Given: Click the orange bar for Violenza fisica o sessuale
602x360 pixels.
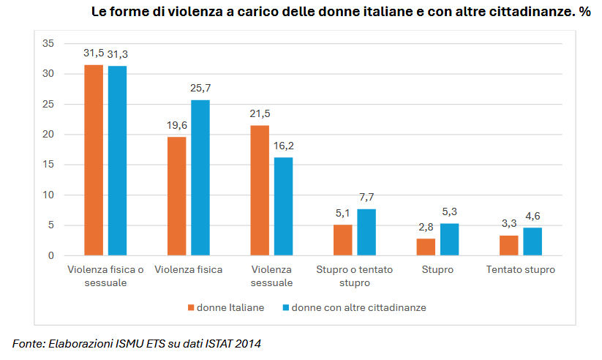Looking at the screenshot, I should [x=94, y=160].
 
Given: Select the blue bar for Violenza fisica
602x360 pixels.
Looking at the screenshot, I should [x=200, y=178].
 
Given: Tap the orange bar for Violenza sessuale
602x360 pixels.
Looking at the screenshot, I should [x=260, y=190].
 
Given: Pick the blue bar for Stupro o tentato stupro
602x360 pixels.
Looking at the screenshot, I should [x=366, y=233].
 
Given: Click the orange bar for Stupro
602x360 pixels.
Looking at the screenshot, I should [x=426, y=247].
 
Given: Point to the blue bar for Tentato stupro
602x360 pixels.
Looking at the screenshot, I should [x=533, y=241].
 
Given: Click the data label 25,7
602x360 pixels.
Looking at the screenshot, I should [x=200, y=88].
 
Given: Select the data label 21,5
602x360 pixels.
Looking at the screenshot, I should [x=260, y=113].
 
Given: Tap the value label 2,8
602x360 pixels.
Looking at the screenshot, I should [x=426, y=227].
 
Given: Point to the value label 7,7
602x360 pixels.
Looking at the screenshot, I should [x=366, y=198].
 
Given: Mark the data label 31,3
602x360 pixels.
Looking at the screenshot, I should [x=118, y=54].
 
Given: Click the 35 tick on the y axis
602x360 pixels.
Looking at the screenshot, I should [x=49, y=43].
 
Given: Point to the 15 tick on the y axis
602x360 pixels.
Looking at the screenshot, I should [x=49, y=165].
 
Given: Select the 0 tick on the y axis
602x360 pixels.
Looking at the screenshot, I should [x=51, y=255].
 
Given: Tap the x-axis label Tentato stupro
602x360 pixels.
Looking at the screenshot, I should [x=521, y=269].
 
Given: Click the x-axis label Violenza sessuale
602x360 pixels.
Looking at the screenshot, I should [x=271, y=276].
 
